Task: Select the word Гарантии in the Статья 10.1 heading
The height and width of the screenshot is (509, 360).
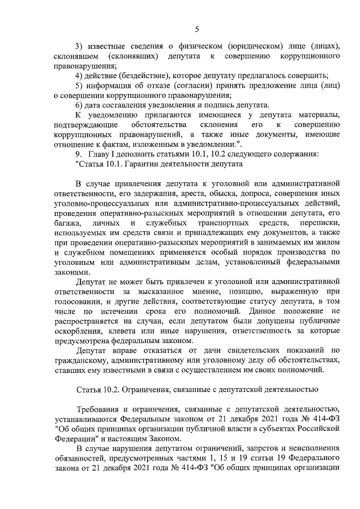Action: [x=146, y=165]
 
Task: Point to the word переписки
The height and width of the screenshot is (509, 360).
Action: [x=319, y=224]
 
